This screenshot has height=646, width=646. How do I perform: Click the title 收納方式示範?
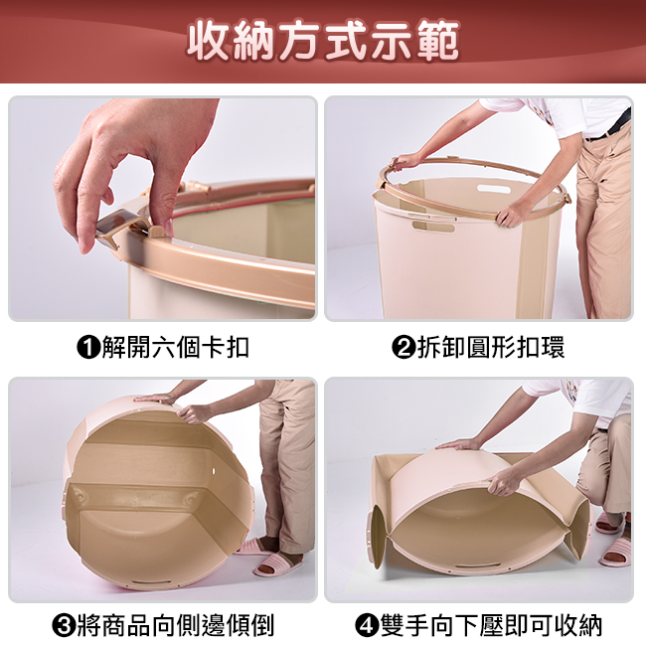(323, 40)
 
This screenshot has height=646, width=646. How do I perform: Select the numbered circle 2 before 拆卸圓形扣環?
(404, 347)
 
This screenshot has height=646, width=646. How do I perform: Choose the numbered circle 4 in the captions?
(367, 625)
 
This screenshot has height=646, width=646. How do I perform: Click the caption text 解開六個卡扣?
(176, 347)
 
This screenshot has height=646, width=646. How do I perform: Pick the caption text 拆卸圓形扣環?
(491, 347)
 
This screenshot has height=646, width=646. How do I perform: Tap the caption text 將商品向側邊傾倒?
(176, 625)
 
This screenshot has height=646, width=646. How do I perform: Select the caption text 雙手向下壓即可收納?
(491, 625)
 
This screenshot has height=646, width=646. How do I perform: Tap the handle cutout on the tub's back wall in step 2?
(494, 190)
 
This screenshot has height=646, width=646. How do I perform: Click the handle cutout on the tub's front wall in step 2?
(433, 227)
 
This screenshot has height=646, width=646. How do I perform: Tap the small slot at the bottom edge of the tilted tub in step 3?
(152, 583)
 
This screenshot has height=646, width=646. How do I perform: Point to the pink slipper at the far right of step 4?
(615, 552)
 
